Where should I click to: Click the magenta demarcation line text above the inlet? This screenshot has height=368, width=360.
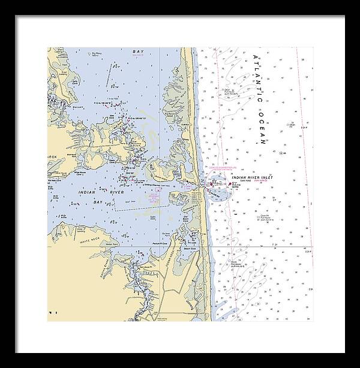pos(227,168)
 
